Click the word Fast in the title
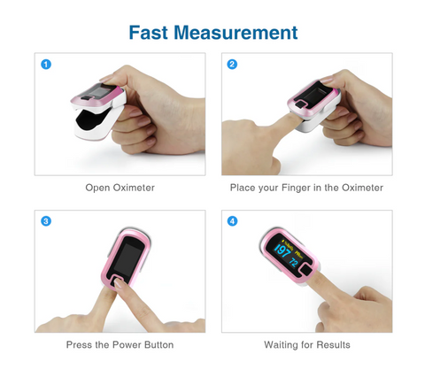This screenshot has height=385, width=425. pos(148,32)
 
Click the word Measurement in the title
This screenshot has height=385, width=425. pos(236,32)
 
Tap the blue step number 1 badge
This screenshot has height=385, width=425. pos(46,65)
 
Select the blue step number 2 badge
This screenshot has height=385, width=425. pos(232,65)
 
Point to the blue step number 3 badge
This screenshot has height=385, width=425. pos(46,221)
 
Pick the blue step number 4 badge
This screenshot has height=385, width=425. pos(232,221)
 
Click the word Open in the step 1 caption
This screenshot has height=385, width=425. pos(97,188)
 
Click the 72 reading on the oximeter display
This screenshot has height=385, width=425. pos(293,262)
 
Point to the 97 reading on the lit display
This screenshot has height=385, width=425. pos(282,251)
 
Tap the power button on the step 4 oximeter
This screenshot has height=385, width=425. pos(306,271)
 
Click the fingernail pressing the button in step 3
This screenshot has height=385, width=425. pos(118,283)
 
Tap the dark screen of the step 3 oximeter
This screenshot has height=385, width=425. pos(127,257)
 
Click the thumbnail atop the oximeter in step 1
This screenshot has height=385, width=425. pos(107,79)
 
